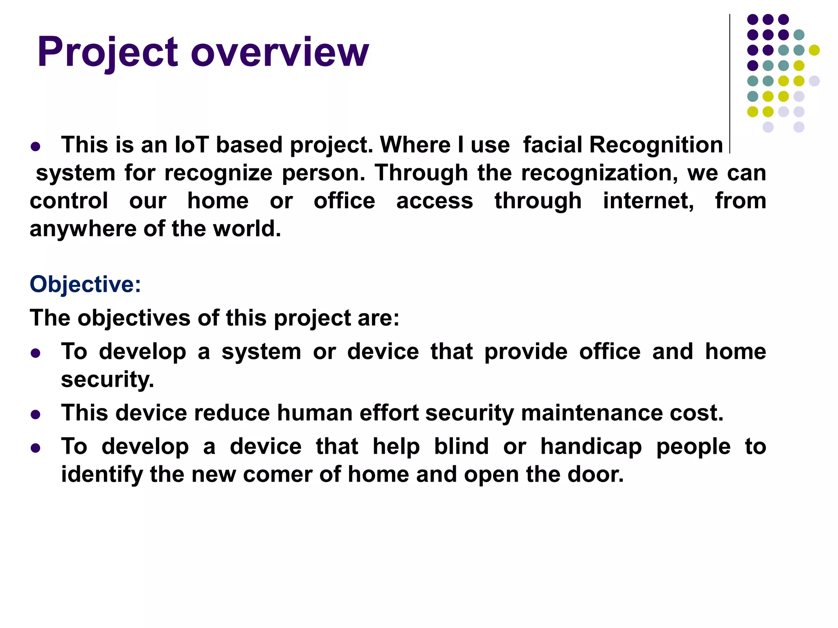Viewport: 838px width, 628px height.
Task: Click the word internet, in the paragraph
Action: (648, 201)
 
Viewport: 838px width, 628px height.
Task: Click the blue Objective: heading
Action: (85, 284)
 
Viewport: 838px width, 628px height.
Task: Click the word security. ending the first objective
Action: (108, 379)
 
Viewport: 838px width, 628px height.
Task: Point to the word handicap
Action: (591, 446)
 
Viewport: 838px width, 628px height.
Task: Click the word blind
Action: (461, 446)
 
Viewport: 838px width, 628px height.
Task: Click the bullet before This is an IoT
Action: (36, 147)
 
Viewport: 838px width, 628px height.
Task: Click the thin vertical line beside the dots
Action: (730, 82)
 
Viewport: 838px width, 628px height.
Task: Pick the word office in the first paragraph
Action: (344, 201)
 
